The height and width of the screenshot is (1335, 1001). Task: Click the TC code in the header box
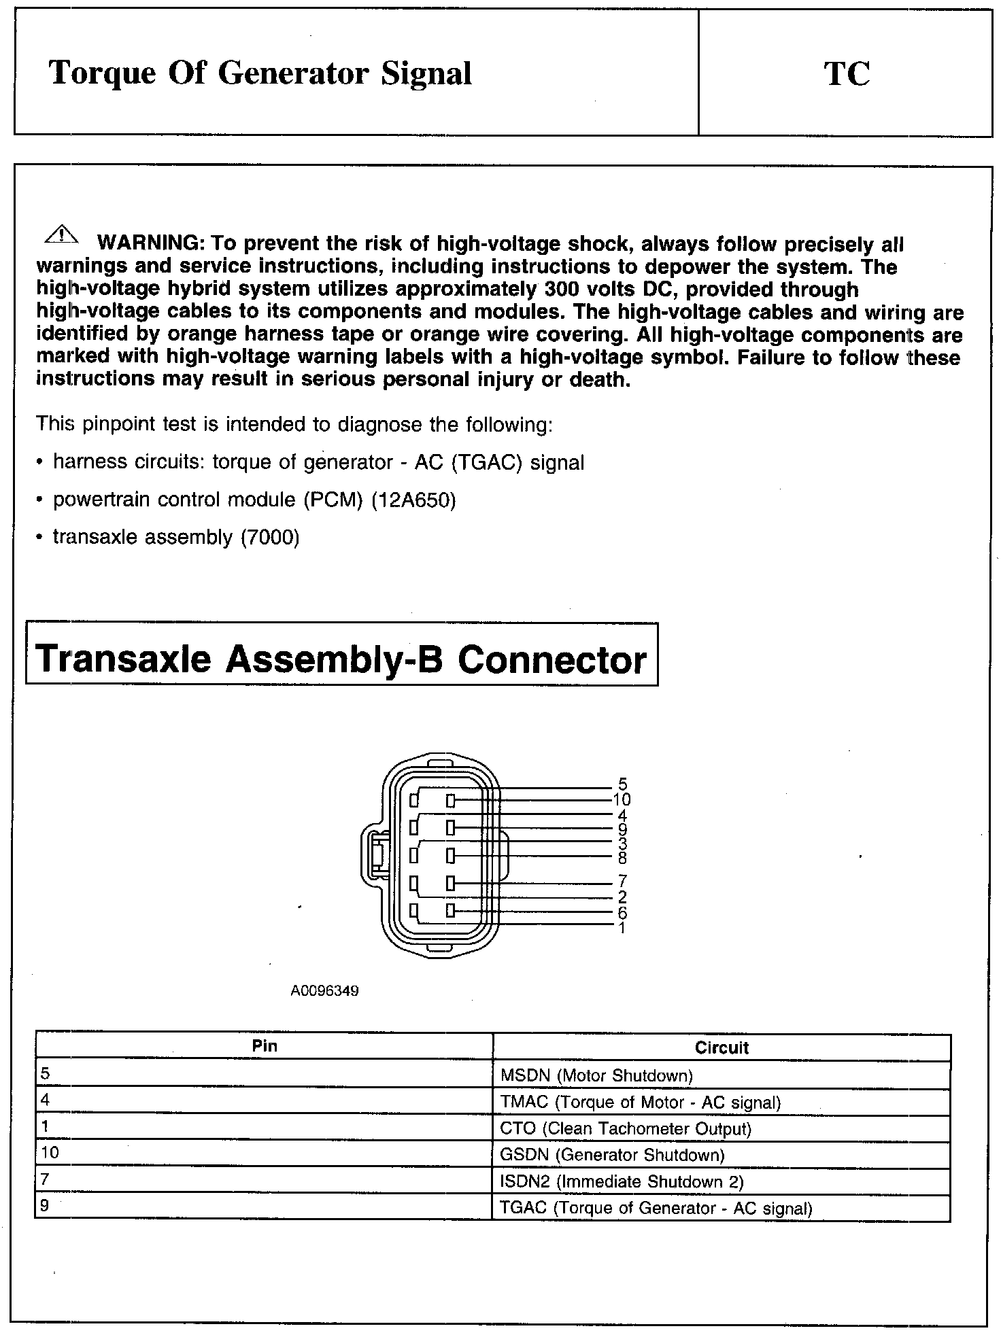[x=847, y=73]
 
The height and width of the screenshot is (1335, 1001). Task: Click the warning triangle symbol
[x=61, y=235]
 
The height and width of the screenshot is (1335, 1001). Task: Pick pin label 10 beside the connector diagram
[x=622, y=799]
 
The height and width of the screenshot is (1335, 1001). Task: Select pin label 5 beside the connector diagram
[x=622, y=785]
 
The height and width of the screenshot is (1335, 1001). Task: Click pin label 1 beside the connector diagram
[x=622, y=928]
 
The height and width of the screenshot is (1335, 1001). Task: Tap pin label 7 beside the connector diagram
[x=622, y=882]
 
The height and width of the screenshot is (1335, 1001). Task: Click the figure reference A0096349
[x=324, y=991]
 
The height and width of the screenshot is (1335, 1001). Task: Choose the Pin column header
[x=264, y=1046]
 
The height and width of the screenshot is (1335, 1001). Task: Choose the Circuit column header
[x=721, y=1047]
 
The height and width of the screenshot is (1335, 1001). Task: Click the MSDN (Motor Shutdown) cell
[x=596, y=1075]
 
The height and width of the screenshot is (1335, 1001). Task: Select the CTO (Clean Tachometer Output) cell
[x=625, y=1129]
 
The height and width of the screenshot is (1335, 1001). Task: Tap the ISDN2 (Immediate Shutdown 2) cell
[x=622, y=1181]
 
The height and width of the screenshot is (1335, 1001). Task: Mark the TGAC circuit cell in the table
[x=656, y=1208]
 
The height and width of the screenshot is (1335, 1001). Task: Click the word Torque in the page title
[x=103, y=73]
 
